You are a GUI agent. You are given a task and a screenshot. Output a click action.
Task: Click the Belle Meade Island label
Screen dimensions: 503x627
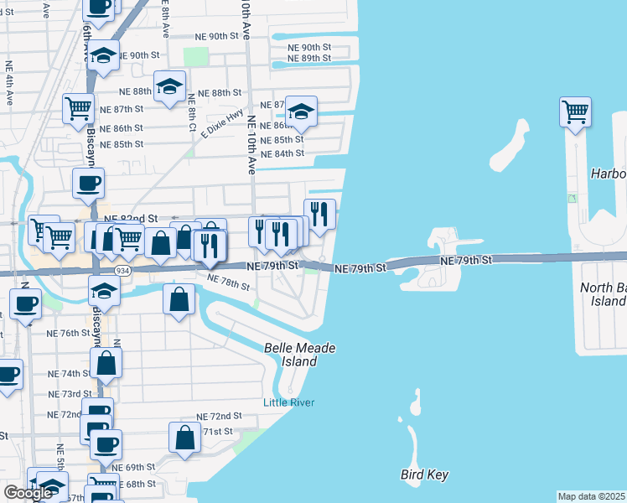pos(290,354)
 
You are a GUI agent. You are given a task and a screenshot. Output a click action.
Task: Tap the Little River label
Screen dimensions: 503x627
pos(289,402)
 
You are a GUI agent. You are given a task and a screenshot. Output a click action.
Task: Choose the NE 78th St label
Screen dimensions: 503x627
pos(228,283)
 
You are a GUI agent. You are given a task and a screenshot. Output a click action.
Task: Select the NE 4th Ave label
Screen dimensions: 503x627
pos(9,82)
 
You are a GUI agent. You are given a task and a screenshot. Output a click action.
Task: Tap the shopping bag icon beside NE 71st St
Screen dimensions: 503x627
pos(184,437)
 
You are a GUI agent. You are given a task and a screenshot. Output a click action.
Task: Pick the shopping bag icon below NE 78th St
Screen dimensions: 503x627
pos(179,299)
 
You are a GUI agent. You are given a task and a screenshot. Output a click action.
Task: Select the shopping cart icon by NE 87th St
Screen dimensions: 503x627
pos(78,107)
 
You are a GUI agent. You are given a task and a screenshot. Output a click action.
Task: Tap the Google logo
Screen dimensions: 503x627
pos(28,493)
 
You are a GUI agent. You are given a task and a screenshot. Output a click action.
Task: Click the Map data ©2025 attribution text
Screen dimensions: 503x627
pos(591,496)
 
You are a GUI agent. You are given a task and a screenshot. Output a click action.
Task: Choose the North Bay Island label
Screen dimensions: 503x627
pos(603,294)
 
